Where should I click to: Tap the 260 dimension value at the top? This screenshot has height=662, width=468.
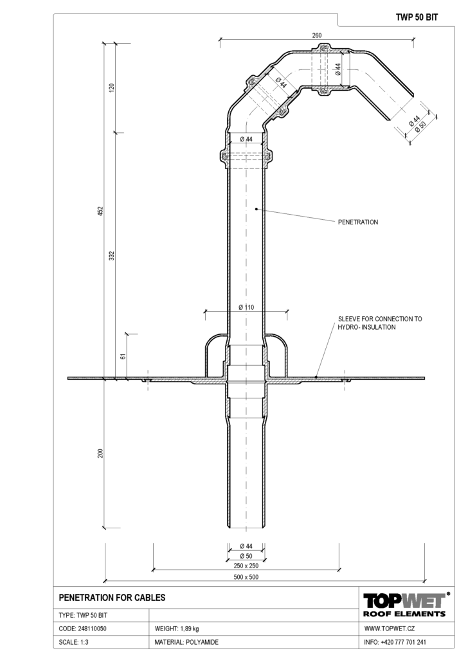coord(317,35)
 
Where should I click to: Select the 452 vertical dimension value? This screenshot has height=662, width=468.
coord(100,211)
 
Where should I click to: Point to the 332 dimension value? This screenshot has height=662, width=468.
coord(112,255)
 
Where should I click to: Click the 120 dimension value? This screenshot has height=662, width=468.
coord(112,88)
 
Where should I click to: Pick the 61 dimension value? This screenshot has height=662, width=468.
coord(123,356)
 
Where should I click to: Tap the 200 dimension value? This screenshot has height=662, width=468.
coord(100,453)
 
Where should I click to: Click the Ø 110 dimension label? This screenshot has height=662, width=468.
coord(246,307)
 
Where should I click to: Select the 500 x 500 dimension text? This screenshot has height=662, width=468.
coord(246,577)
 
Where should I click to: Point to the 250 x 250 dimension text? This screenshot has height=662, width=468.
coord(246,566)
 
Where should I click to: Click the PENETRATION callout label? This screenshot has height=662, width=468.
coord(358,222)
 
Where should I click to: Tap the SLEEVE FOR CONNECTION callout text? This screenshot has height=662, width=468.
coord(380,323)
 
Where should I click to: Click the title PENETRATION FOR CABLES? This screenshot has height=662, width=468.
coord(112,597)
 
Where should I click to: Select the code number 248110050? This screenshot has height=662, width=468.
coord(92,629)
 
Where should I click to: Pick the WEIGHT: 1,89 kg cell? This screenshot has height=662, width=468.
coord(177,629)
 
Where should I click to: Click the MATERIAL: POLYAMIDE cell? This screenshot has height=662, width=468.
coord(186,642)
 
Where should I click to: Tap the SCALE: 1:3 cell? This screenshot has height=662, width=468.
coord(73,642)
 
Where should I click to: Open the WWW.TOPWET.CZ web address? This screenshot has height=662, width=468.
coord(390,629)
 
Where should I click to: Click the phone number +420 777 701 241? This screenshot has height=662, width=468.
coord(403,642)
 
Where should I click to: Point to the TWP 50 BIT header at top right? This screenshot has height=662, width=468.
coord(417,17)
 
